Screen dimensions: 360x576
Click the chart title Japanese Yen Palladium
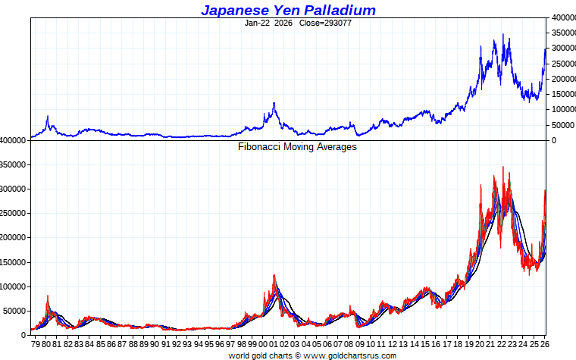tap(288, 10)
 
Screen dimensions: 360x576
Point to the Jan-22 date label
tap(258, 23)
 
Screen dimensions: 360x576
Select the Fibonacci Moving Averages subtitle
tap(297, 147)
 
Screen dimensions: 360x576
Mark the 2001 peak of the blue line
tap(274, 103)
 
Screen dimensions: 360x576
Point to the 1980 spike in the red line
tap(48, 296)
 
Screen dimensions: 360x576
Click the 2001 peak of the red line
tap(274, 275)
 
